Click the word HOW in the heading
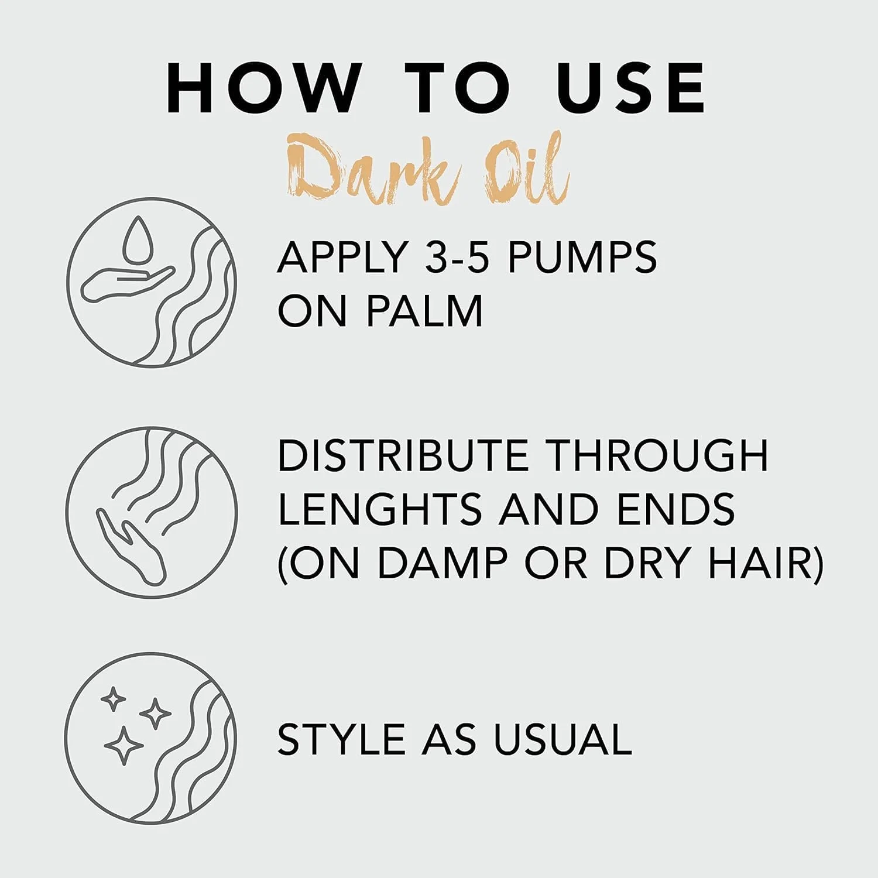[x=262, y=87]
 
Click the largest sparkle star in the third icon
[x=123, y=745]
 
